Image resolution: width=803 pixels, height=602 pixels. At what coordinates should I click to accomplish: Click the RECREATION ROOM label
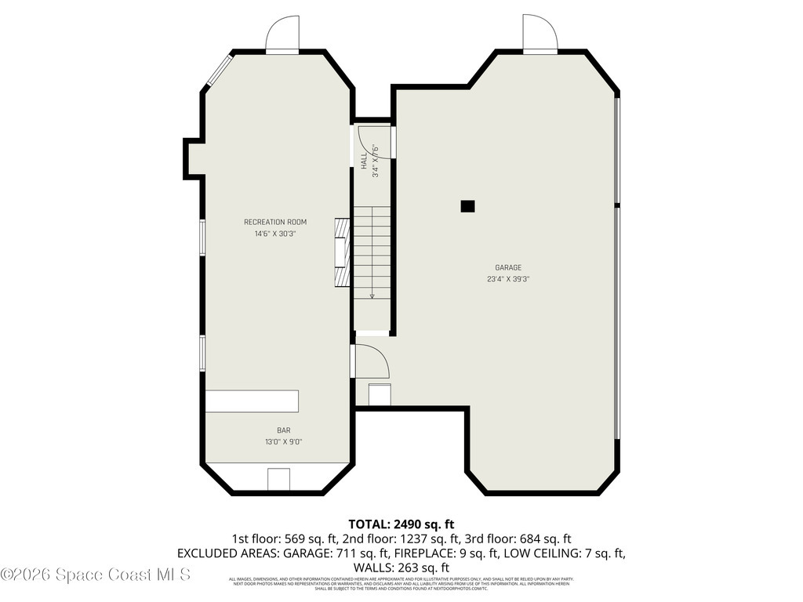(x=274, y=222)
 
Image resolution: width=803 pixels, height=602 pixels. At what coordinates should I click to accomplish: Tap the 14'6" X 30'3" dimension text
(x=274, y=234)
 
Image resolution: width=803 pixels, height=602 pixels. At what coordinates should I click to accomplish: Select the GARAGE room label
(x=507, y=267)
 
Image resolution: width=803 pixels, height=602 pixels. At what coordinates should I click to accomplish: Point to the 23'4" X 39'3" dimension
(x=507, y=279)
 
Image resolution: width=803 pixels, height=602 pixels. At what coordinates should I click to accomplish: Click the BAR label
(x=283, y=430)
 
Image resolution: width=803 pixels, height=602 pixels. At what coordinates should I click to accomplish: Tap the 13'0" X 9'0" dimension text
(x=283, y=442)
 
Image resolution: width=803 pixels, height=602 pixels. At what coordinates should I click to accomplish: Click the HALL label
(x=364, y=161)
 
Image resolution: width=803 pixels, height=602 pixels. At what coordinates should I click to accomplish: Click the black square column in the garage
(x=467, y=206)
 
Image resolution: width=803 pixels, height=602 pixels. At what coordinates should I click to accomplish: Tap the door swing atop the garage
(x=540, y=34)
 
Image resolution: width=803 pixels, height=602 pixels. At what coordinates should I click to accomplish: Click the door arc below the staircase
(x=371, y=361)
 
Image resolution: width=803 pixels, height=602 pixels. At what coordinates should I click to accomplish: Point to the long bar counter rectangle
(x=252, y=401)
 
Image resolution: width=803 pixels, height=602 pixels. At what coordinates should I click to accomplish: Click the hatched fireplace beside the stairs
(x=341, y=254)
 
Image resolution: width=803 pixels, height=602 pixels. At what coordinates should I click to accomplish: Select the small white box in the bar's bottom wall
(x=278, y=479)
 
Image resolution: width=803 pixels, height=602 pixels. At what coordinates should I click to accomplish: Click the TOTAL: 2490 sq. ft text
(x=401, y=524)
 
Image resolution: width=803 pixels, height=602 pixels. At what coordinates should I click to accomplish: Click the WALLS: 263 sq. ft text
(x=401, y=568)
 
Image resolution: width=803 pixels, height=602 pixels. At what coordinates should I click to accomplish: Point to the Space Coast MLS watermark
(x=96, y=575)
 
